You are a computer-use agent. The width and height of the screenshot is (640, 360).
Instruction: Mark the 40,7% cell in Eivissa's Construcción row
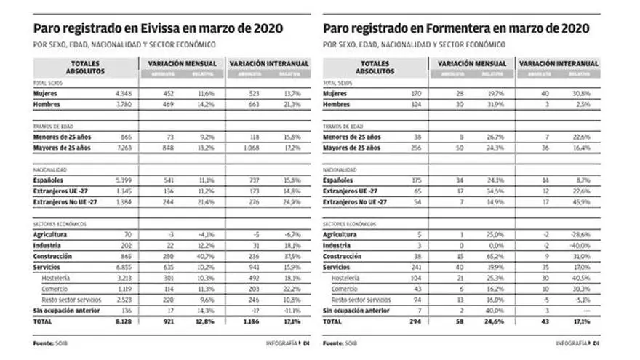(x=207, y=256)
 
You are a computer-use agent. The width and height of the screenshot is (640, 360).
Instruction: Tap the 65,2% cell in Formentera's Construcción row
(x=497, y=256)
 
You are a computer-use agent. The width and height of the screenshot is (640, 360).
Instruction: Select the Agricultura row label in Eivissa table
(x=54, y=235)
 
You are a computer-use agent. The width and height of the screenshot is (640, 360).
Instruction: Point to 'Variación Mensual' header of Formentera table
(x=472, y=64)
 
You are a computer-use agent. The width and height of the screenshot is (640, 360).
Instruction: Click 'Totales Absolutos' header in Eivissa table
(x=87, y=68)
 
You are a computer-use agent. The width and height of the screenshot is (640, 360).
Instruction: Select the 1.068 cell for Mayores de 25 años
(x=249, y=148)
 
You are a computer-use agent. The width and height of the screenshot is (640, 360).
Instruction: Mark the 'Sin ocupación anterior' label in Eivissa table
(x=68, y=309)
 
